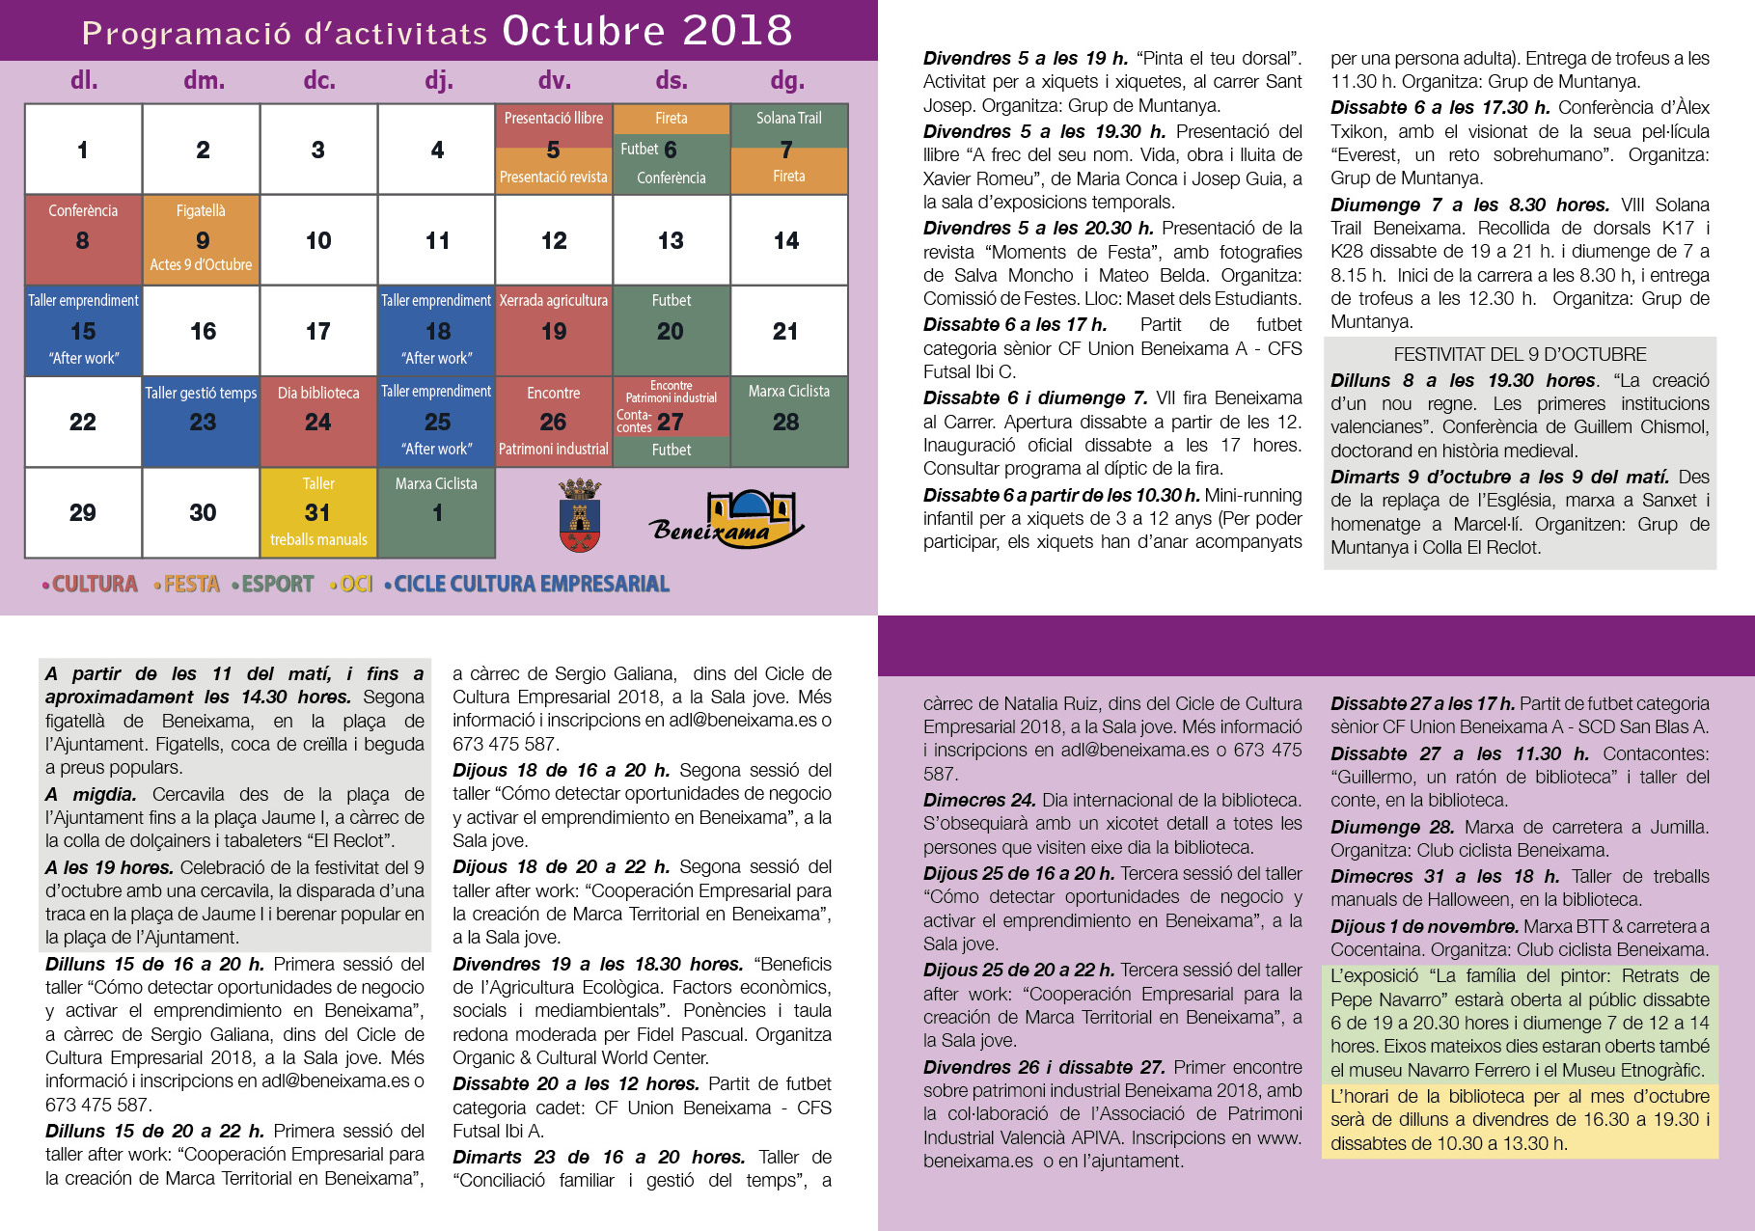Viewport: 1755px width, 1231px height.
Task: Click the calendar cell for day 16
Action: [x=202, y=331]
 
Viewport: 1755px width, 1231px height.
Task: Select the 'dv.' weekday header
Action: [x=554, y=80]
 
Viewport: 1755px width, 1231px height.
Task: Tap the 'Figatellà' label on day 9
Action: [x=201, y=210]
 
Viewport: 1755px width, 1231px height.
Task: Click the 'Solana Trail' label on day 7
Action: [x=788, y=118]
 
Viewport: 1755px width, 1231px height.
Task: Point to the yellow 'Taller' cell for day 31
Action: [x=318, y=512]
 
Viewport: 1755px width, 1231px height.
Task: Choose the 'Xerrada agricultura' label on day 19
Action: [x=553, y=300]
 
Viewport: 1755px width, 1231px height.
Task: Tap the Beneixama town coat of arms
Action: [x=580, y=516]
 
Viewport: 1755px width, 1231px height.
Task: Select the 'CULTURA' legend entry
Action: [x=95, y=584]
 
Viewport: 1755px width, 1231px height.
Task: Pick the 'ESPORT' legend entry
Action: [x=278, y=584]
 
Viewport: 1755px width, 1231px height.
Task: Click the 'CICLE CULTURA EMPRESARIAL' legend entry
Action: [x=531, y=584]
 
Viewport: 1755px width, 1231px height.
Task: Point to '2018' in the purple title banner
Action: [x=737, y=31]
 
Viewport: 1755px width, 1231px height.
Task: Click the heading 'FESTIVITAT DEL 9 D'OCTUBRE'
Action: [x=1520, y=354]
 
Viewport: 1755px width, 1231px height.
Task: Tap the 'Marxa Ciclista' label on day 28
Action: [x=788, y=391]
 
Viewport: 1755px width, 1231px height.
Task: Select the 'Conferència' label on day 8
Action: [x=83, y=210]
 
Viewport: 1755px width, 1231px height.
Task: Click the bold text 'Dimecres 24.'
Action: [x=979, y=800]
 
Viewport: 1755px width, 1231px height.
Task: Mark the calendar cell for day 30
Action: [x=202, y=512]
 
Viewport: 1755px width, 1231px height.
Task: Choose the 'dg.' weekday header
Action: [x=787, y=80]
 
